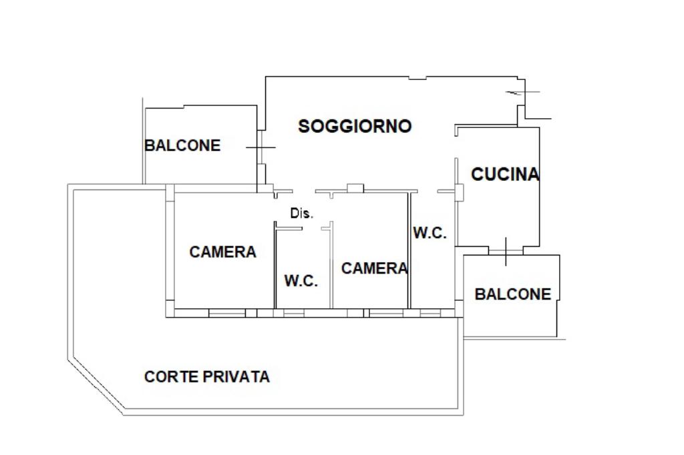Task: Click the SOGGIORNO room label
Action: (x=355, y=126)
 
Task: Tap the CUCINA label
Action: (x=505, y=175)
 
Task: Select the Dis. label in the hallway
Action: (x=301, y=213)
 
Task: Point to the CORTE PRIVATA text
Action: (x=207, y=377)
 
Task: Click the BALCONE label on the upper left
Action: (x=182, y=145)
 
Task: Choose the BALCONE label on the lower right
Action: (x=513, y=294)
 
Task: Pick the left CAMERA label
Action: (x=222, y=252)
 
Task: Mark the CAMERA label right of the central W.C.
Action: (x=374, y=268)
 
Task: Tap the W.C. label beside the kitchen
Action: (x=430, y=234)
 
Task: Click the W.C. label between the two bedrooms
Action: (x=301, y=281)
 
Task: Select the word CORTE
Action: (x=172, y=377)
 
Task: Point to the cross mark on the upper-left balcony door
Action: (x=261, y=147)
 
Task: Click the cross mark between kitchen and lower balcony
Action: (x=506, y=251)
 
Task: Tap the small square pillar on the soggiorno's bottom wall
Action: (x=355, y=188)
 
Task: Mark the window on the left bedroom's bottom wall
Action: (x=226, y=312)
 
